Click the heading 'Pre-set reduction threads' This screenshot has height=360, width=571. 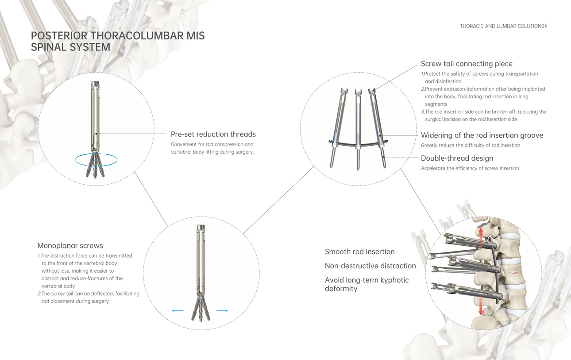[x=213, y=134]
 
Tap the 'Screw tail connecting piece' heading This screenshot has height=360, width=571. [x=467, y=64]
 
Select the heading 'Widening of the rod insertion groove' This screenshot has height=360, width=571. [x=482, y=135]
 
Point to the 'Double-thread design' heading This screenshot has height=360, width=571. [x=457, y=159]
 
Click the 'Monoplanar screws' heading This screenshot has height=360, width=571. [x=70, y=245]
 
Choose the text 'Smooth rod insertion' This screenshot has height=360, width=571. [x=359, y=252]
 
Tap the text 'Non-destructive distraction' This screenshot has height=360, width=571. [x=370, y=266]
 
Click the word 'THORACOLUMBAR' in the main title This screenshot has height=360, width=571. [x=137, y=36]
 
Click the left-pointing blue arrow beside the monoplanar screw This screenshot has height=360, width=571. [x=177, y=310]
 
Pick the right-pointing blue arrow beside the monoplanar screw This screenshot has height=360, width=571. [x=222, y=310]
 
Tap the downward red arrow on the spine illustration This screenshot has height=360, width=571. [x=481, y=304]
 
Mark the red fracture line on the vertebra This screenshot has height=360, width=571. [x=515, y=273]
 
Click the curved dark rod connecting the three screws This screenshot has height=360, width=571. [x=359, y=144]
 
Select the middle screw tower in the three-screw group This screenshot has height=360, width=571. [x=358, y=129]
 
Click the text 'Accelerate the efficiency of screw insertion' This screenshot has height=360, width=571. [x=470, y=168]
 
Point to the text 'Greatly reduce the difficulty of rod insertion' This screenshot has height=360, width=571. [x=471, y=145]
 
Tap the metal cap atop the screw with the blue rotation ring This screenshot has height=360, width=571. [x=95, y=84]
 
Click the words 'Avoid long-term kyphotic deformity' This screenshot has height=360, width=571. [x=367, y=284]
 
